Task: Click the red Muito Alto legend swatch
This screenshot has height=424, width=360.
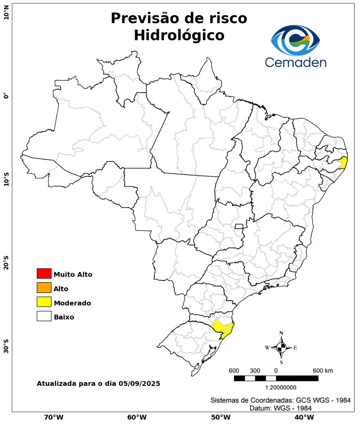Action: (x=44, y=273)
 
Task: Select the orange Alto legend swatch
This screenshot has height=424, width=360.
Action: (x=44, y=288)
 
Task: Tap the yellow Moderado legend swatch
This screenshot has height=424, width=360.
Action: (x=44, y=302)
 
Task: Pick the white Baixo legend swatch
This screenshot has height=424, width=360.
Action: (x=44, y=316)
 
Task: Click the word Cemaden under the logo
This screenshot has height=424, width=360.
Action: (x=296, y=62)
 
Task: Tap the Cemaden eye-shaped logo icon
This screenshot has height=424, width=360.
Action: (x=296, y=40)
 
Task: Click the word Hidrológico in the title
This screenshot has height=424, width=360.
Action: (x=179, y=35)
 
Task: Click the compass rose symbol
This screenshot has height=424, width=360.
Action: (x=281, y=347)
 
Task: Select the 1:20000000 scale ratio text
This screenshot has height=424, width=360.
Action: (x=281, y=387)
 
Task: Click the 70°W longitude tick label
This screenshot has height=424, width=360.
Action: (x=53, y=417)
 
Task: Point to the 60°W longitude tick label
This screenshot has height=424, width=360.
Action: (x=137, y=417)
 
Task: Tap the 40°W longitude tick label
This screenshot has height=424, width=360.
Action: (x=303, y=417)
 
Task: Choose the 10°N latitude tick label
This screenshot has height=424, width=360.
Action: (x=6, y=15)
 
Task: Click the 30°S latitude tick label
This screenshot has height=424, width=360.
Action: (x=6, y=346)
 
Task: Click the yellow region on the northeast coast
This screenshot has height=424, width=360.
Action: (x=343, y=163)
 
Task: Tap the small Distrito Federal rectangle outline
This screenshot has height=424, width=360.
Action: (x=239, y=226)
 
